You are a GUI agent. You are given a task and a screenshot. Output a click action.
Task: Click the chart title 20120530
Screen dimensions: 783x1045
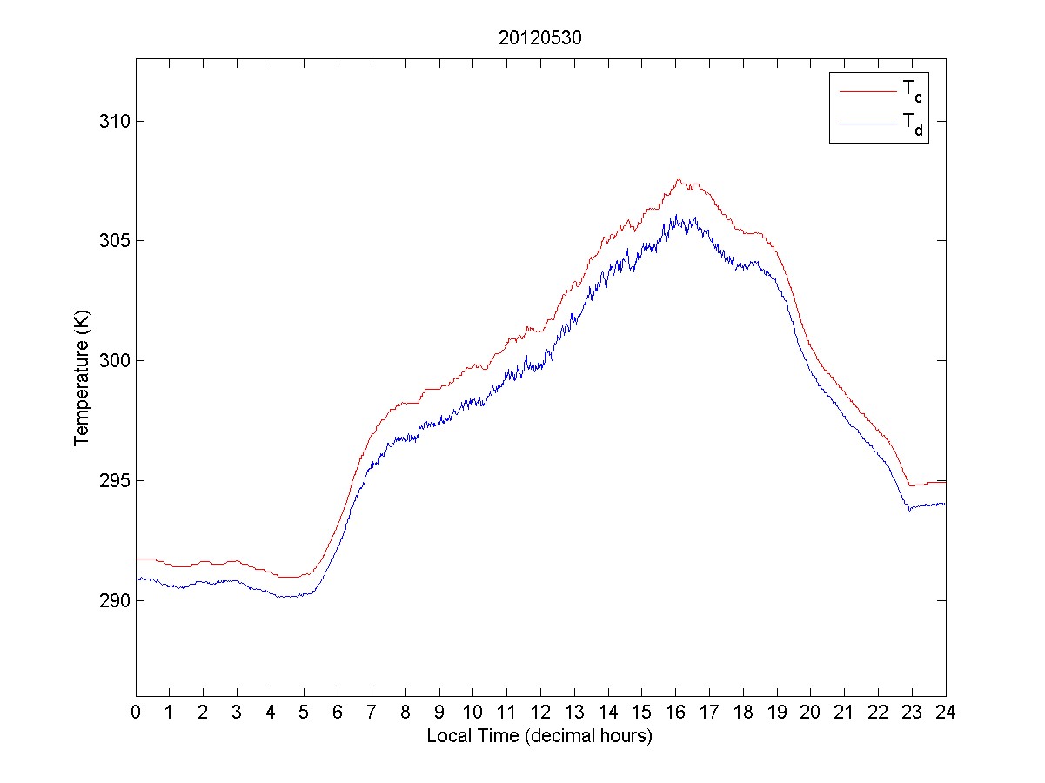[x=540, y=40]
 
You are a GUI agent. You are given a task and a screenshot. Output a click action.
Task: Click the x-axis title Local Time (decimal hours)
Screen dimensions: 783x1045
[x=539, y=736]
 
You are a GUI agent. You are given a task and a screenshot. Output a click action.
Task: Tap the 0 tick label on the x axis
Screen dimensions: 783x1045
[x=136, y=712]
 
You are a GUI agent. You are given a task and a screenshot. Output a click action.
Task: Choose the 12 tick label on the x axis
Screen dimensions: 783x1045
[x=540, y=712]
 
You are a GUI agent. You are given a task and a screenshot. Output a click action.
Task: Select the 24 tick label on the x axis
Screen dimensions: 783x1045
[x=946, y=712]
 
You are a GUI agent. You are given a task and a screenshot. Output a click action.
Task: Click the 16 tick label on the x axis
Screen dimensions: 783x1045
[x=675, y=712]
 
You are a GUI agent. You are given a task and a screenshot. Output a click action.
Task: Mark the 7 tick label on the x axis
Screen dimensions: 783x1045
[x=372, y=712]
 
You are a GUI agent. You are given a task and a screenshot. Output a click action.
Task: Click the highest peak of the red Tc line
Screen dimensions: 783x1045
[x=679, y=179]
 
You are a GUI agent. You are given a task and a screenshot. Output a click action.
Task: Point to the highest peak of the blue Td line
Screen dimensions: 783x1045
[x=676, y=215]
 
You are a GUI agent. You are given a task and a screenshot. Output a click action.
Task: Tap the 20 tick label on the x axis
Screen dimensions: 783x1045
[x=810, y=712]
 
